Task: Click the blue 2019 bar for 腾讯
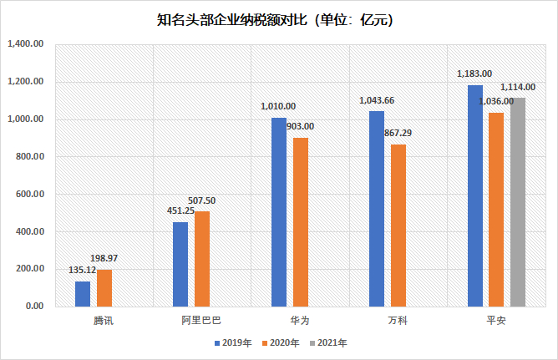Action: point(83,293)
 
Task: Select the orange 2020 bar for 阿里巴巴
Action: point(202,259)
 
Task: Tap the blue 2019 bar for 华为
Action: point(279,212)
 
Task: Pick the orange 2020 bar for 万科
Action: point(398,226)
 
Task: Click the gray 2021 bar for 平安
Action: point(518,202)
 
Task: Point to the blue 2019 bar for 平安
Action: point(475,195)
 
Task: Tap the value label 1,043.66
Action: point(377,101)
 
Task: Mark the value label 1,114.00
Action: point(518,87)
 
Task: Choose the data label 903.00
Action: point(300,126)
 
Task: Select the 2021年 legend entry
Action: point(328,342)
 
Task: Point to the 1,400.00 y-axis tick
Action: point(25,44)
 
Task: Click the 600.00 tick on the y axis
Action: point(28,194)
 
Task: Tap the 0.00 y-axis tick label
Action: point(34,307)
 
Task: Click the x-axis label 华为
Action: point(290,320)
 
